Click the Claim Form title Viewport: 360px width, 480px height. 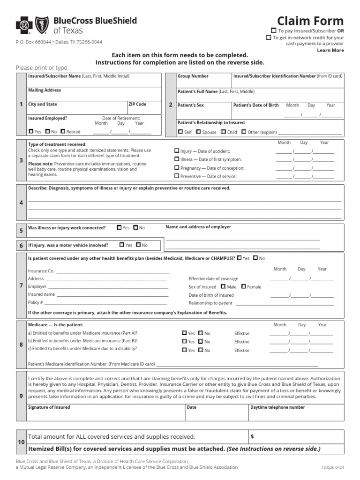[x=310, y=21]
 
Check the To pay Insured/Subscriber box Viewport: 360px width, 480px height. [x=274, y=30]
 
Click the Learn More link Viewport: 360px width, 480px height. [x=330, y=50]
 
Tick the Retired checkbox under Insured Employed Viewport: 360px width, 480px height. [x=63, y=132]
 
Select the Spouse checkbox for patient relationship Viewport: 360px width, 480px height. [x=198, y=132]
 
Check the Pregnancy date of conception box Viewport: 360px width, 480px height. [x=177, y=167]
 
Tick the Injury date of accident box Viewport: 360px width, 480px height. [x=177, y=151]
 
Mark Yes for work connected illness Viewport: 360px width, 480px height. [x=119, y=228]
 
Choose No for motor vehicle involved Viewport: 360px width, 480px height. [x=138, y=245]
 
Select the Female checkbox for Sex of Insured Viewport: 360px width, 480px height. [x=244, y=286]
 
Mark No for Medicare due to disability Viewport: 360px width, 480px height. [x=201, y=350]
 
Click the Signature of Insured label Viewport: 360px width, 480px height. [x=49, y=407]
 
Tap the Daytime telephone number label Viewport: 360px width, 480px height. [x=278, y=407]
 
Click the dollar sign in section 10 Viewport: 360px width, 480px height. [x=252, y=436]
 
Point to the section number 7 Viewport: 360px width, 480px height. [x=21, y=285]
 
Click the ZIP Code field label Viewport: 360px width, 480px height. [x=137, y=104]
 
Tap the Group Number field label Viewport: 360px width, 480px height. [x=193, y=76]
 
